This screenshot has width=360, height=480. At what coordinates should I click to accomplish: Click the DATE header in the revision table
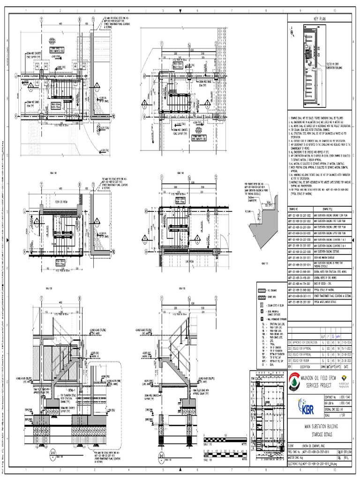click(x=349, y=367)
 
